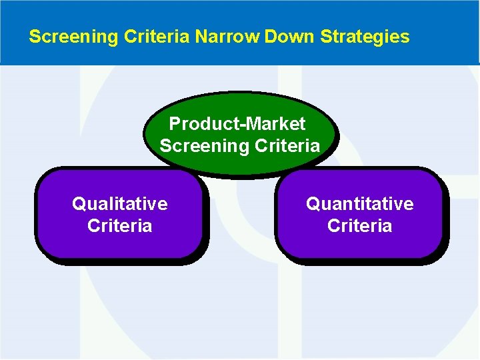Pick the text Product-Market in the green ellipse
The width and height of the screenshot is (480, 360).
pos(237,124)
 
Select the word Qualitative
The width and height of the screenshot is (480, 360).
pos(120,203)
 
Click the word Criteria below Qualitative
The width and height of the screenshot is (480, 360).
pos(120,225)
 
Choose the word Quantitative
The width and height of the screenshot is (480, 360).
pos(359,203)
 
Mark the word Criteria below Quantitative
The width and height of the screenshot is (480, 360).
pos(359,225)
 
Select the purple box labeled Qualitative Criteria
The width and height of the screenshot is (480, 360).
pos(120,243)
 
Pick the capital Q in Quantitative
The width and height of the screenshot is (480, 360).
pos(313,203)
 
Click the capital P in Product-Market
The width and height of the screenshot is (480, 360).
pos(175,124)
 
